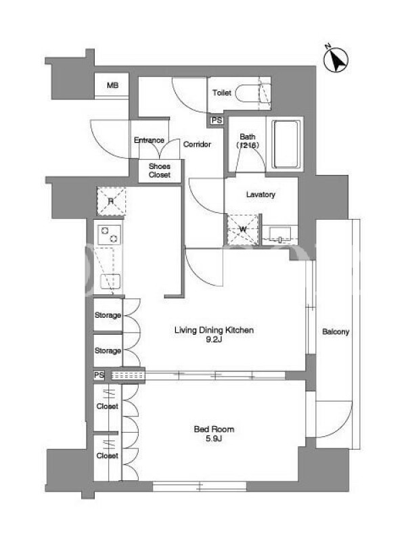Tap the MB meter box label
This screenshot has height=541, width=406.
click(112, 85)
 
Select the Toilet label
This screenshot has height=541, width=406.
click(222, 93)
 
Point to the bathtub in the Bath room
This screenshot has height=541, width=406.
click(285, 144)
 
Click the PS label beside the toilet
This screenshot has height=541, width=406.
click(217, 120)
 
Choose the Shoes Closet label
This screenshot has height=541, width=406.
click(160, 170)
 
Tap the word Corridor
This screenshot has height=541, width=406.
click(197, 144)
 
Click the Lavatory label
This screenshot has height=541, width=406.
click(261, 194)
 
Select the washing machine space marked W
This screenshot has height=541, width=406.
click(243, 229)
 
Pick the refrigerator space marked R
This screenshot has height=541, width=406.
click(111, 201)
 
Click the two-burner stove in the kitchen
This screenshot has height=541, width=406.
click(109, 235)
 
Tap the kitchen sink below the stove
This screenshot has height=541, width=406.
click(110, 281)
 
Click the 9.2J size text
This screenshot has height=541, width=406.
click(214, 339)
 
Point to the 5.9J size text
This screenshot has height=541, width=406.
click(214, 438)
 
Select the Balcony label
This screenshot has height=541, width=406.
click(336, 331)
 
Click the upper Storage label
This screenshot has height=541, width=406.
click(108, 315)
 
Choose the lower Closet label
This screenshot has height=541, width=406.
click(108, 455)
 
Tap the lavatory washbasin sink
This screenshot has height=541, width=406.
click(279, 233)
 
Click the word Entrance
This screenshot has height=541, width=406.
click(149, 140)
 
